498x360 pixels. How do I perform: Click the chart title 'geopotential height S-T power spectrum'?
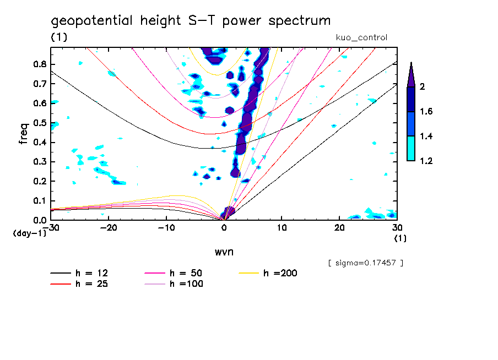pyautogui.click(x=191, y=21)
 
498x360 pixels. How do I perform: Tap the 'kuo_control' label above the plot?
pyautogui.click(x=361, y=38)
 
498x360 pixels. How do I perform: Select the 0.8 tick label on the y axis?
pyautogui.click(x=39, y=64)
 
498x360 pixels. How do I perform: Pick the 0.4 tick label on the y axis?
pyautogui.click(x=39, y=142)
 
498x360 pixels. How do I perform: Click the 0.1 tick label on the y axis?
pyautogui.click(x=39, y=201)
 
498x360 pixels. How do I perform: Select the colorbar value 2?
pyautogui.click(x=424, y=87)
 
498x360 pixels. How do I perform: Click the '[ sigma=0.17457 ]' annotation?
pyautogui.click(x=365, y=263)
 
